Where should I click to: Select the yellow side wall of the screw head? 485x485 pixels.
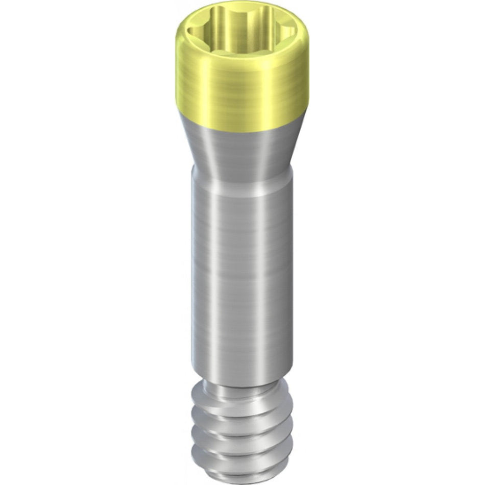point(204,92)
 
